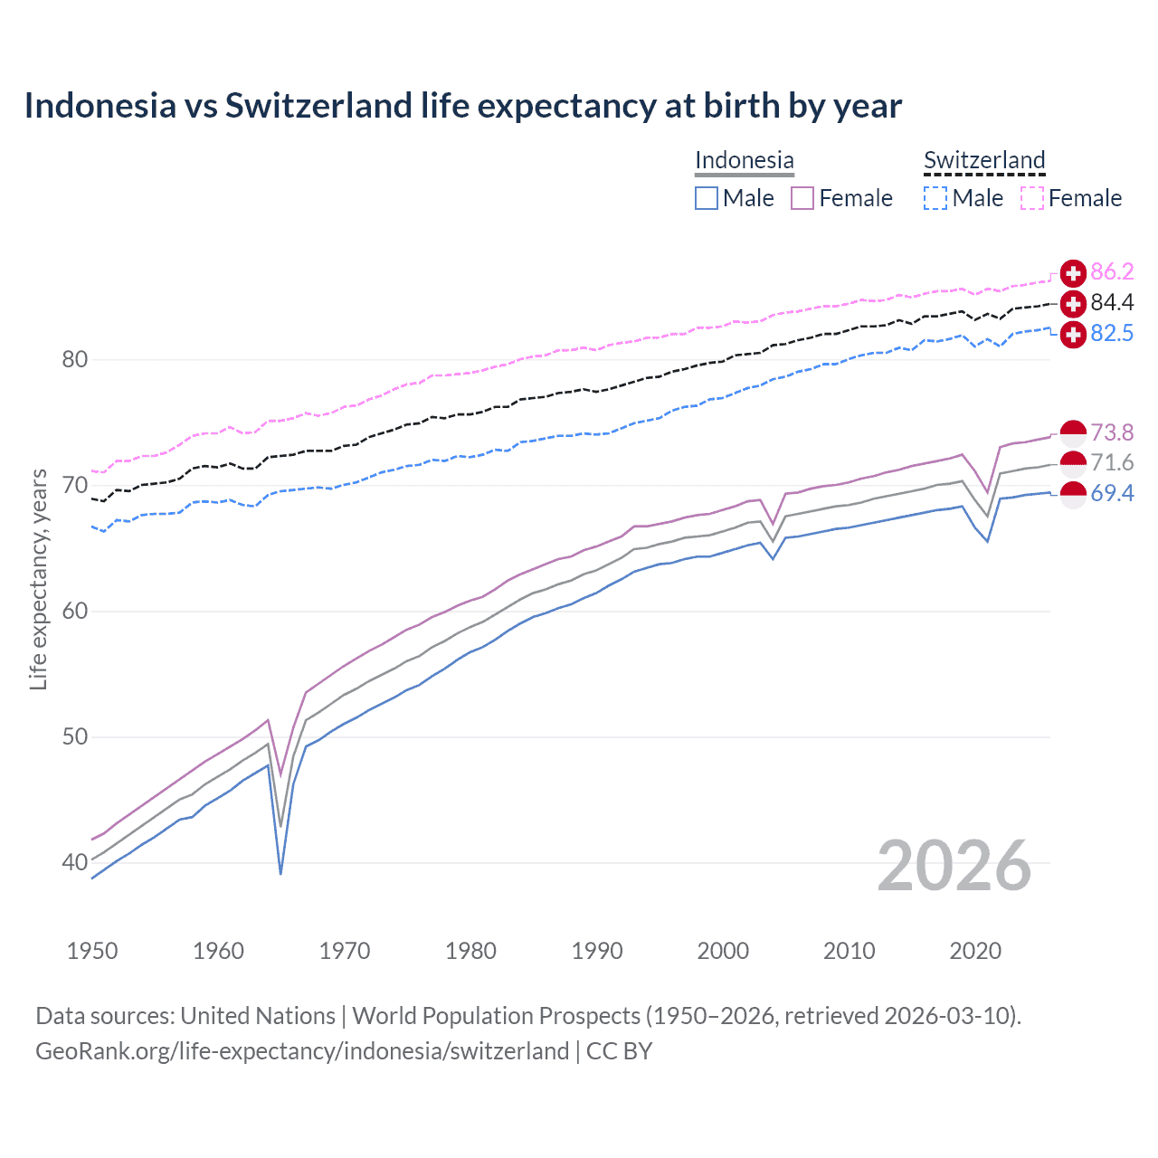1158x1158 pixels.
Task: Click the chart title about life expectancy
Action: click(462, 106)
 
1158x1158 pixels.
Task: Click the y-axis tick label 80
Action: click(74, 359)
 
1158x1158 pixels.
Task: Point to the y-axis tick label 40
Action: click(74, 862)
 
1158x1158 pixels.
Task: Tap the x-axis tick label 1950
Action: click(92, 951)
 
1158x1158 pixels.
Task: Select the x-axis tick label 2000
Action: click(723, 951)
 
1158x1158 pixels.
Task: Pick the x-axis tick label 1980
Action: click(470, 951)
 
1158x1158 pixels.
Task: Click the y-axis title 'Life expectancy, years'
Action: click(39, 579)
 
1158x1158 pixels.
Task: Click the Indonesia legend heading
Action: click(744, 160)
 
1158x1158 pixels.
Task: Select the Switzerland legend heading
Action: click(983, 160)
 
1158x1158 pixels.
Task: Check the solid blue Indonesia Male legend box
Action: click(707, 198)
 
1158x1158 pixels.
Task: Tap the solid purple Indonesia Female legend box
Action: click(802, 198)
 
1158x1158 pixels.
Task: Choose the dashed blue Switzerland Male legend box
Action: click(935, 198)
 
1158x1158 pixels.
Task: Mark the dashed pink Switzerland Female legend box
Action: click(1032, 198)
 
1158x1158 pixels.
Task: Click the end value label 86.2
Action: click(1112, 271)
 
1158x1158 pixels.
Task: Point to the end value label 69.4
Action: click(1112, 493)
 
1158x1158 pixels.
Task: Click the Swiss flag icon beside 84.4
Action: click(1073, 303)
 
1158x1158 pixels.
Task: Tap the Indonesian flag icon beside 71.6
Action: click(1073, 463)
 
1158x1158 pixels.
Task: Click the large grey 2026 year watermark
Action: click(954, 866)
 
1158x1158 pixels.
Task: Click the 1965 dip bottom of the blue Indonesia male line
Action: click(280, 873)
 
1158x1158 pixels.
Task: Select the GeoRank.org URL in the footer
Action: click(302, 1051)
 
